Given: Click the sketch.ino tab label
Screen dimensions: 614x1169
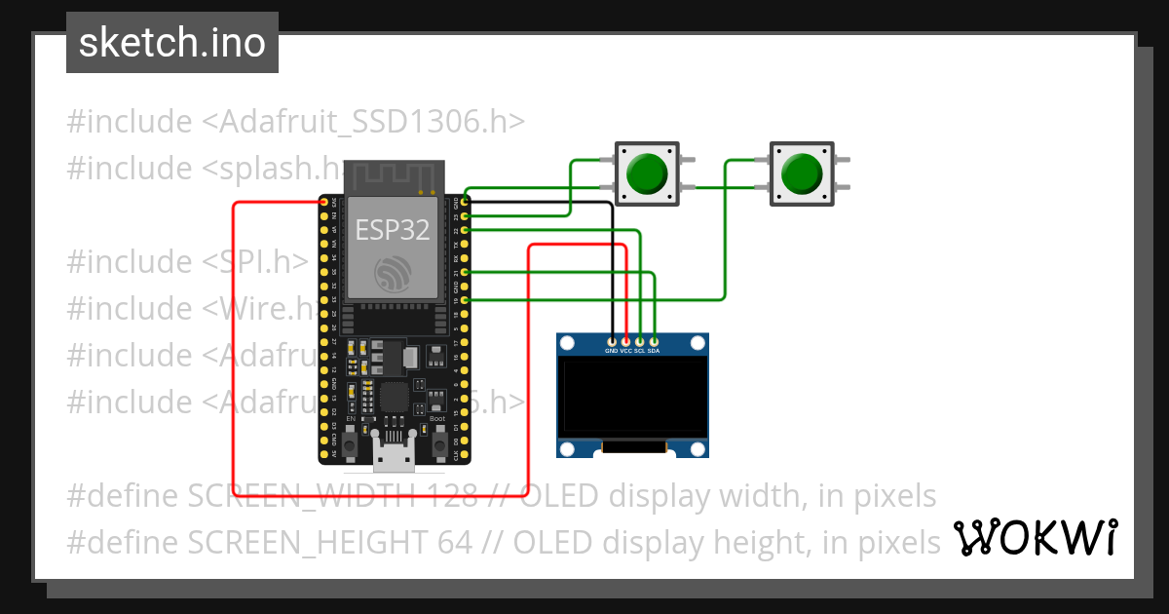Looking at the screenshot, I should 171,43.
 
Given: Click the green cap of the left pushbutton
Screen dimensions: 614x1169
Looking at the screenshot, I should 647,173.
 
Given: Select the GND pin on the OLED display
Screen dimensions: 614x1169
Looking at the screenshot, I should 612,341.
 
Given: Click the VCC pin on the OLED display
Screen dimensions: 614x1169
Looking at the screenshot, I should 625,341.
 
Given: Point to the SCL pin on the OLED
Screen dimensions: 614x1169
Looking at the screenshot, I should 640,341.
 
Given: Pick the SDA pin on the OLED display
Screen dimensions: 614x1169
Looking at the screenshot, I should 654,341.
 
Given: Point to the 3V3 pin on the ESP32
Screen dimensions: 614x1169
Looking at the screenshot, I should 323,202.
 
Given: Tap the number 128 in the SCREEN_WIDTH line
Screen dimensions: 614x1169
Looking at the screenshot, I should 449,496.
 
